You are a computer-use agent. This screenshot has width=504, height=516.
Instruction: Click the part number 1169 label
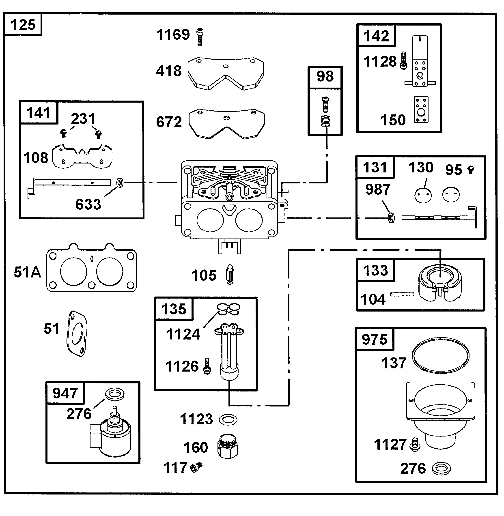tap(173, 35)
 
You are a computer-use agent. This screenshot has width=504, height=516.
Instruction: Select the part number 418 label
tap(169, 71)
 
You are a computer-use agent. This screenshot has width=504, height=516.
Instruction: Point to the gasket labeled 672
tap(227, 124)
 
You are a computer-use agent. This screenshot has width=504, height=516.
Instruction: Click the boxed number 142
tap(376, 36)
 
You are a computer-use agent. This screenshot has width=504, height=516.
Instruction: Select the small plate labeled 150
tap(421, 110)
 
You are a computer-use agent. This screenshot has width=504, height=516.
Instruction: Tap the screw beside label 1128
tap(403, 61)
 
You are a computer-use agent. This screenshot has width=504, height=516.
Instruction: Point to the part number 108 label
tap(36, 158)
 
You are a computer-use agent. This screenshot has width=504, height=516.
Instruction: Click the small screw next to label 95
tap(471, 170)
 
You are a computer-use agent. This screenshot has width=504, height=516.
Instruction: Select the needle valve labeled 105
tap(230, 274)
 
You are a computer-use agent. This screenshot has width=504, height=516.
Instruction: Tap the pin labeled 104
tap(402, 294)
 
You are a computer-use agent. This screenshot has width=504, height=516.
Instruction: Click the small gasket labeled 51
tap(77, 334)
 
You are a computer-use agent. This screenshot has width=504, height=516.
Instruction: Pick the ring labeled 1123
tap(228, 420)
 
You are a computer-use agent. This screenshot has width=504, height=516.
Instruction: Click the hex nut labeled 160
tap(228, 446)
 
